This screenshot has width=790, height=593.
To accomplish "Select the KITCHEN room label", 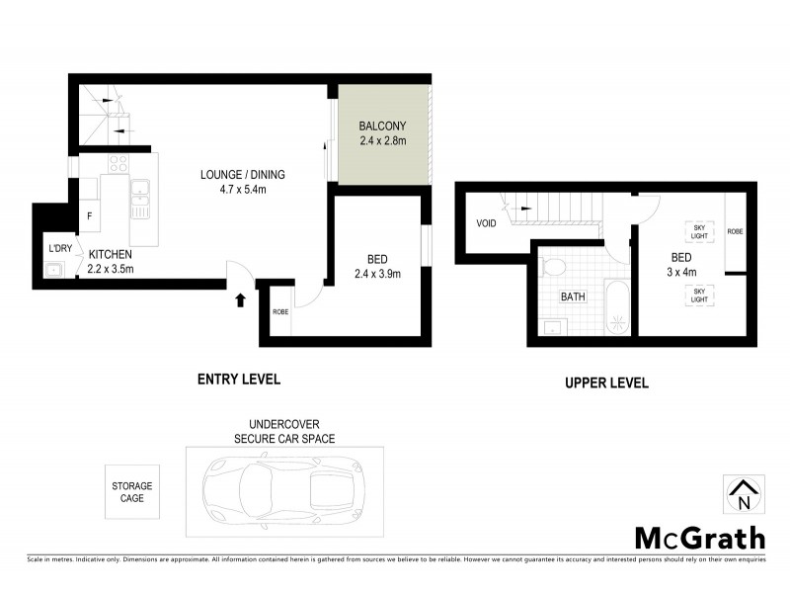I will pos(111,254).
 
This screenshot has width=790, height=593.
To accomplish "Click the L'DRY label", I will pos(59,248).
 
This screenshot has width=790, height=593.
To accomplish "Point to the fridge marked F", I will pos(90,214).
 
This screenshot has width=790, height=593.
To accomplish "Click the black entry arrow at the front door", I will pos(239,299).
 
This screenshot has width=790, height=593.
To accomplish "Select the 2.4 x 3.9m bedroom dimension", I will pos(376,274).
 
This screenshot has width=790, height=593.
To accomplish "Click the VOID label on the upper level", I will pos(486,223).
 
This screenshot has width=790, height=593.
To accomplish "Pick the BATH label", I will pos(573,296).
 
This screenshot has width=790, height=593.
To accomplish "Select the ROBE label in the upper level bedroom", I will pos(735,231).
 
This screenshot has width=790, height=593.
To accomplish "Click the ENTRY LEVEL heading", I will pos(239,379).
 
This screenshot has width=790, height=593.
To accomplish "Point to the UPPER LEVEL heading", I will pos(605,383).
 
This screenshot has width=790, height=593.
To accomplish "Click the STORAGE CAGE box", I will pos(132,492).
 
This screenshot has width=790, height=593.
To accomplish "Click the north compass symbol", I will pos(743,493).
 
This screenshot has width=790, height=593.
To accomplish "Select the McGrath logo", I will pos(698,538).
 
